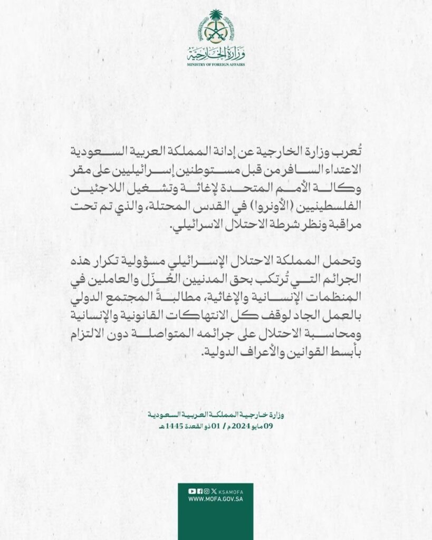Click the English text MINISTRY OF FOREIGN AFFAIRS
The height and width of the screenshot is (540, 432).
216,64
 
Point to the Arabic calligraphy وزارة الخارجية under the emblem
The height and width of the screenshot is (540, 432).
216,53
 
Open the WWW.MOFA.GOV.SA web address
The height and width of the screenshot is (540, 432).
216,499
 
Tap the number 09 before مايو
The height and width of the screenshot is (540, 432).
274,426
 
